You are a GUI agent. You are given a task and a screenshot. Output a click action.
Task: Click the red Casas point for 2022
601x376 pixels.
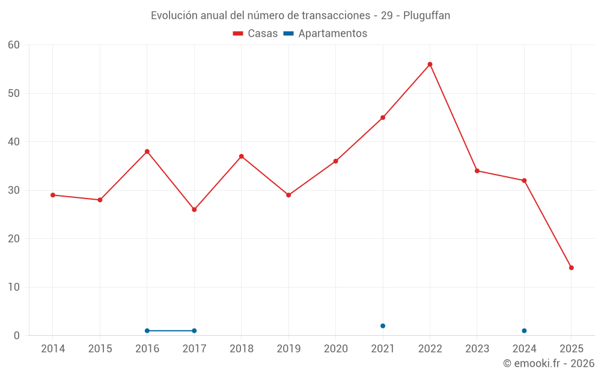pyautogui.click(x=430, y=64)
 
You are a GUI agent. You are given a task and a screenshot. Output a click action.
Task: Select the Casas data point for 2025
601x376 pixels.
pyautogui.click(x=572, y=268)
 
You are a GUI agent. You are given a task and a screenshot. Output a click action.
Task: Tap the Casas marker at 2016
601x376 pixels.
pyautogui.click(x=147, y=152)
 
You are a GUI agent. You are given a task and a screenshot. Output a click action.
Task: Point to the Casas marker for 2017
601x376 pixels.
pyautogui.click(x=194, y=209)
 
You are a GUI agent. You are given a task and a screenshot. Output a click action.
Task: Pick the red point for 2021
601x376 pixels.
pyautogui.click(x=383, y=118)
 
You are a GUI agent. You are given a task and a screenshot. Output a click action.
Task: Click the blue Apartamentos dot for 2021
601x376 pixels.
pyautogui.click(x=383, y=326)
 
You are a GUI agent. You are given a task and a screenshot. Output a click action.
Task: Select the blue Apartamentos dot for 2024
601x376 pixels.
pyautogui.click(x=524, y=331)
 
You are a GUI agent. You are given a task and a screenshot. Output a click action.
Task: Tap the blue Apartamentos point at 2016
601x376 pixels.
pyautogui.click(x=147, y=331)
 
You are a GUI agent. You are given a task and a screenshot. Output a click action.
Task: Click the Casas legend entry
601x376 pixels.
pyautogui.click(x=255, y=34)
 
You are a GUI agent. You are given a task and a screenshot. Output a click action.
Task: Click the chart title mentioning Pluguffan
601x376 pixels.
pyautogui.click(x=300, y=16)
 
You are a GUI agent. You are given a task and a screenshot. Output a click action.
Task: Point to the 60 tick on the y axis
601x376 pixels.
pyautogui.click(x=14, y=45)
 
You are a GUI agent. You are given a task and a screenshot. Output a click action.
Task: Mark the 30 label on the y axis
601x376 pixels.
pyautogui.click(x=14, y=190)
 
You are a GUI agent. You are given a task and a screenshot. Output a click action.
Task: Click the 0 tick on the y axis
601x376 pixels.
pyautogui.click(x=17, y=336)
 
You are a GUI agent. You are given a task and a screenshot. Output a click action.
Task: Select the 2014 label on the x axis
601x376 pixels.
pyautogui.click(x=53, y=349)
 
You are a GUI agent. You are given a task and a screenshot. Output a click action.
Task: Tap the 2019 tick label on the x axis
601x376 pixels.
pyautogui.click(x=288, y=349)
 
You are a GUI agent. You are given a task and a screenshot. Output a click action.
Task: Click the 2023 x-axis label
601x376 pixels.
pyautogui.click(x=477, y=349)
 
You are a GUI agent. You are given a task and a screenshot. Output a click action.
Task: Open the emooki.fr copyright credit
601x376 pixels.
pyautogui.click(x=548, y=363)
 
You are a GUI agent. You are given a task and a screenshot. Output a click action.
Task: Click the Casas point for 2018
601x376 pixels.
pyautogui.click(x=242, y=156)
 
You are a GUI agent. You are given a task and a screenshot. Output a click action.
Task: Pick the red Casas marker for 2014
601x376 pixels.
pyautogui.click(x=53, y=195)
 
